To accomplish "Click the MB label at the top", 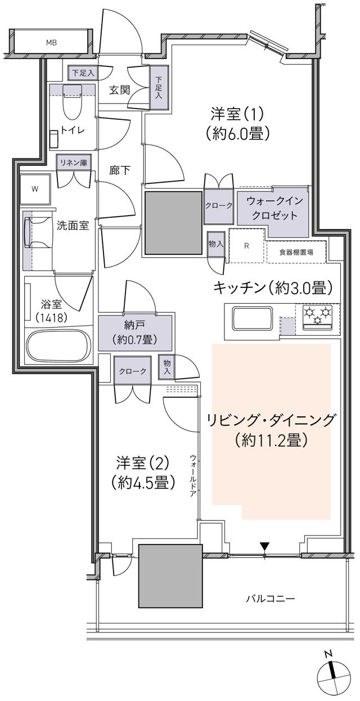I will point(51,42).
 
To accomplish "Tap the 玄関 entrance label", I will point(120,89).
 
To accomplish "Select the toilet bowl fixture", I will point(72,101).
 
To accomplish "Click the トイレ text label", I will point(73,130).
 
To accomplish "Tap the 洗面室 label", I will point(73,226).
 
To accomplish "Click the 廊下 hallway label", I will point(119,170).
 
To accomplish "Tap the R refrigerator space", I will point(246,246).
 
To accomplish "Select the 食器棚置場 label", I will point(297,251).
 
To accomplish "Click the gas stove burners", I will point(318,315).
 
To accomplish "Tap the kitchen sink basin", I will point(251,319).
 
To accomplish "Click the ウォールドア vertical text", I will point(193,474).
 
